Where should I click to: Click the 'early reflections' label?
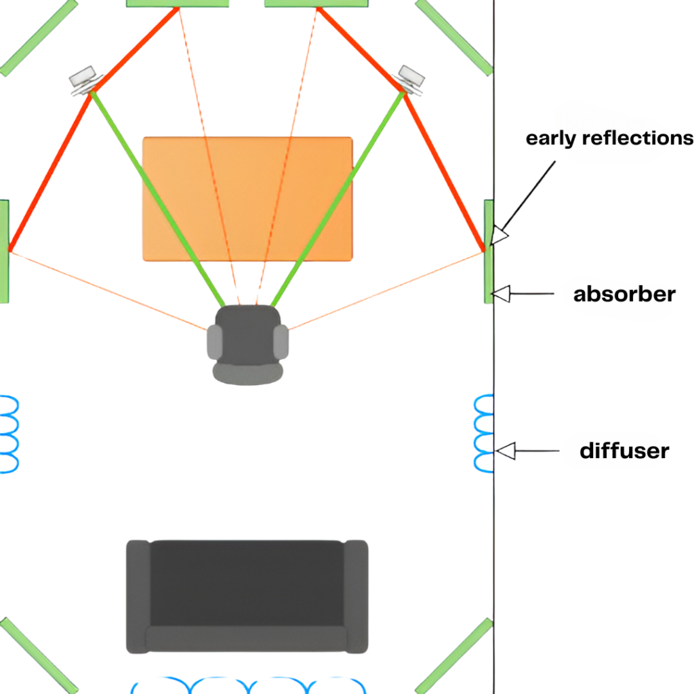pyautogui.click(x=609, y=138)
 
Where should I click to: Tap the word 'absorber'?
pyautogui.click(x=624, y=294)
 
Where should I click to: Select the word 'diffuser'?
pyautogui.click(x=624, y=451)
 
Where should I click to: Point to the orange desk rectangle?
pyautogui.click(x=247, y=199)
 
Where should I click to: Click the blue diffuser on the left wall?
pyautogui.click(x=9, y=434)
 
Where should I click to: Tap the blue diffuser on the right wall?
pyautogui.click(x=483, y=434)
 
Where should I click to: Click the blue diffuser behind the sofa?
pyautogui.click(x=247, y=685)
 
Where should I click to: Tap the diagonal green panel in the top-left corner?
pyautogui.click(x=37, y=37)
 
